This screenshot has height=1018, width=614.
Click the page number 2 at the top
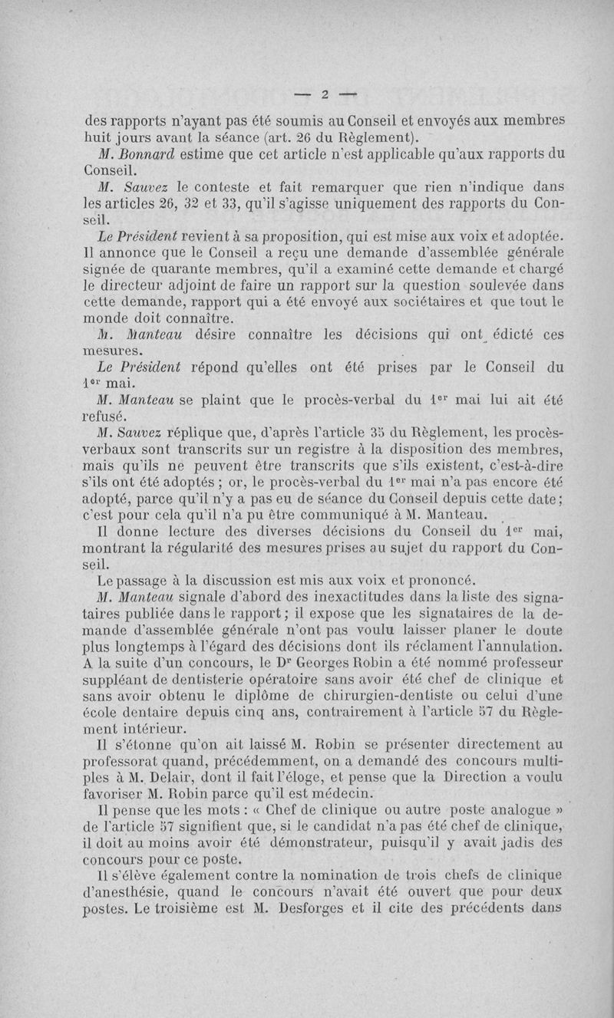pyautogui.click(x=325, y=95)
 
